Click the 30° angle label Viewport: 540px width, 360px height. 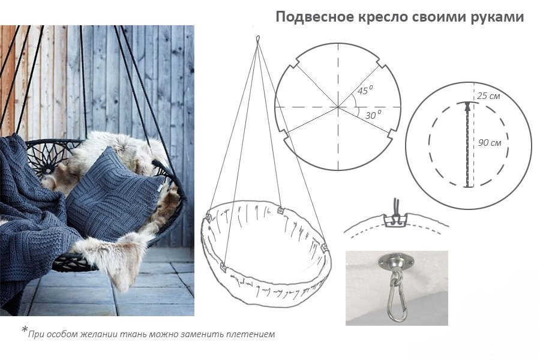pos(373,115)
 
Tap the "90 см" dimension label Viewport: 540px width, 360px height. pos(490,143)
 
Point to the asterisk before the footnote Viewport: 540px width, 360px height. pos(25,329)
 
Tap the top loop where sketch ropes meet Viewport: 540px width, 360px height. pos(258,40)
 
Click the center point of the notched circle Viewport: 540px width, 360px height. pos(338,107)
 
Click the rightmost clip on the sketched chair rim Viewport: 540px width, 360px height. pos(325,248)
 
